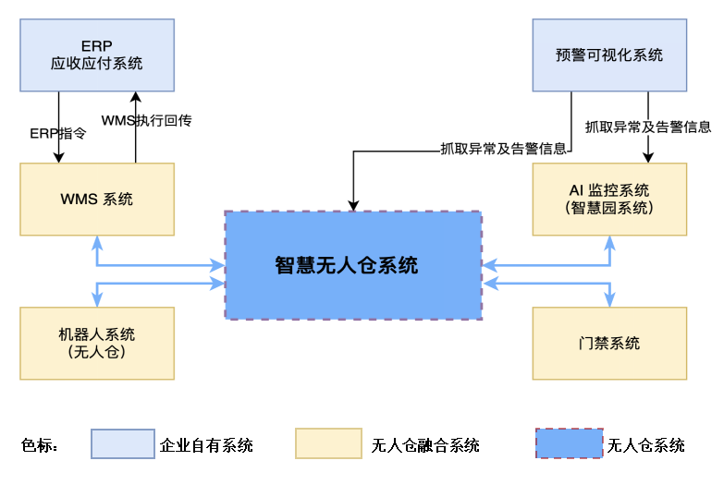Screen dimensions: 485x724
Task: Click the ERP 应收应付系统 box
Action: (x=97, y=55)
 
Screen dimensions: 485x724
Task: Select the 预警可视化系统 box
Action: (x=609, y=55)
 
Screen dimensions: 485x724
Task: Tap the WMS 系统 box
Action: (x=97, y=199)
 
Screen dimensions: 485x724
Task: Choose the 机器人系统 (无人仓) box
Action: (x=97, y=343)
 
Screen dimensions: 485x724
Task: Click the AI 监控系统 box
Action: (x=609, y=199)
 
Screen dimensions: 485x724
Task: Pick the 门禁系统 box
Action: (x=609, y=343)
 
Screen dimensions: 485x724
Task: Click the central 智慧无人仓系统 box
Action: (x=353, y=265)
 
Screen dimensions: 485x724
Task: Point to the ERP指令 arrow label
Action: (x=58, y=133)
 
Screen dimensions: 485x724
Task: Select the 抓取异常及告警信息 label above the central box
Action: (x=504, y=148)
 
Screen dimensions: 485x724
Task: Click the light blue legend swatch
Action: (x=123, y=443)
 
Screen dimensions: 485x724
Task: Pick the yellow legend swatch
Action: (x=328, y=443)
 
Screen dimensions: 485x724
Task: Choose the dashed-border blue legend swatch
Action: (x=570, y=443)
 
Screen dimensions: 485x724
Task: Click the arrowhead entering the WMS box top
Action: (x=58, y=158)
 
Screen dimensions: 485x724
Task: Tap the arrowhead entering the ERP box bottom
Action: (x=136, y=96)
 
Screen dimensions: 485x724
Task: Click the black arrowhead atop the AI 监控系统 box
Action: (x=648, y=158)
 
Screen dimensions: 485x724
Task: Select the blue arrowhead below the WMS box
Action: (x=97, y=242)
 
